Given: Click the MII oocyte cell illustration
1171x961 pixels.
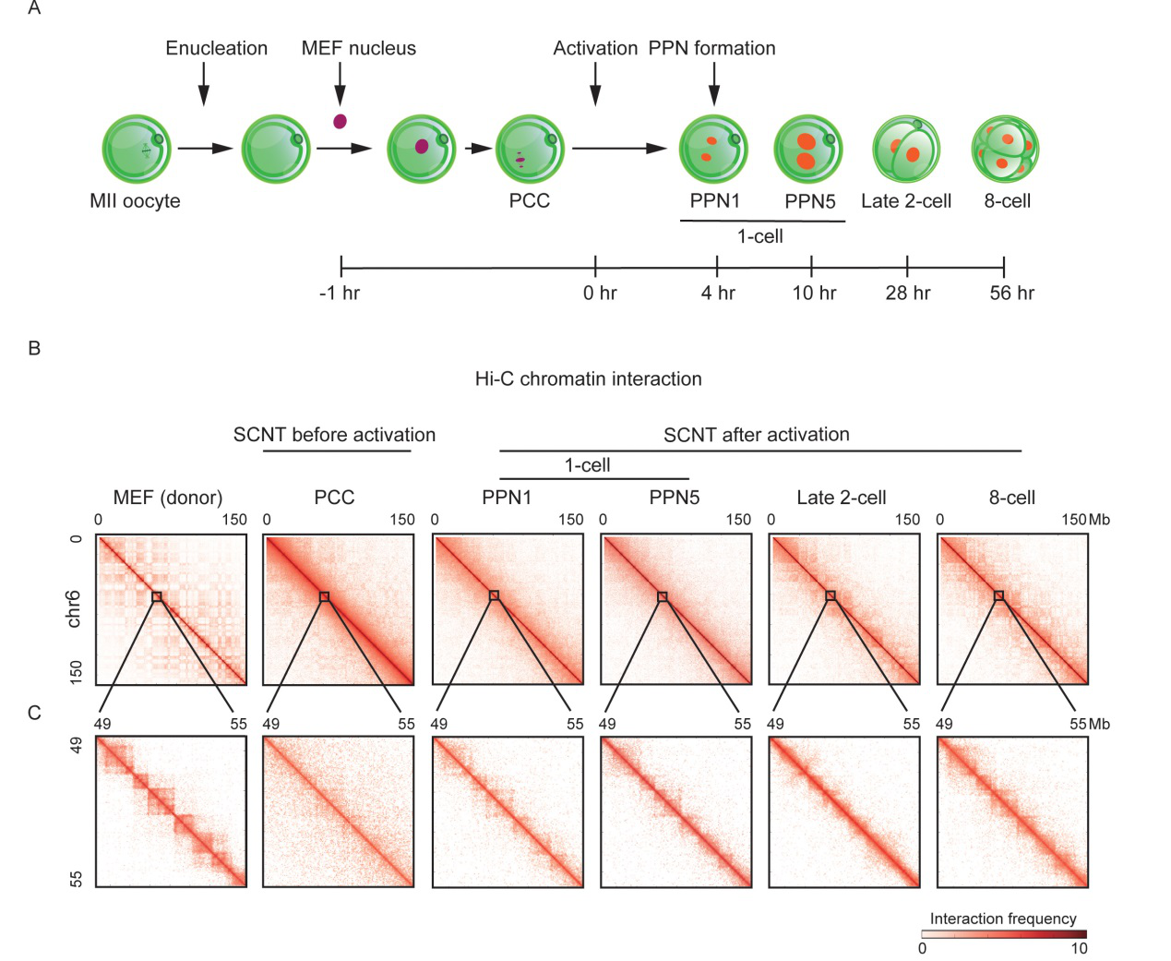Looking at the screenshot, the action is coord(137,149).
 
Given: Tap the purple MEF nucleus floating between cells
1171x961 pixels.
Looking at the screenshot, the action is coord(340,121).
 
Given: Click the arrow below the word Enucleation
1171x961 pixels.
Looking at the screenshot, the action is coord(204,84).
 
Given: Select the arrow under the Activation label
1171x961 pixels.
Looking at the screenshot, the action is coord(595,84).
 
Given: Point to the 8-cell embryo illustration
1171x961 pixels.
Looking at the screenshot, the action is coord(1005,149).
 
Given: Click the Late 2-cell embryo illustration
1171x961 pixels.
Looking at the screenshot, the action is coord(906,149).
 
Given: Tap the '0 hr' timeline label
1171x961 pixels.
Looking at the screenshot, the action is coord(600,293).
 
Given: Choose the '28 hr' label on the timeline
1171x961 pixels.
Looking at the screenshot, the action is coord(908,293).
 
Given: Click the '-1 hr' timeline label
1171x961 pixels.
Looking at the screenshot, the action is coord(340,293).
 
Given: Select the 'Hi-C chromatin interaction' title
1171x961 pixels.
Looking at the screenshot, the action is coord(588,378).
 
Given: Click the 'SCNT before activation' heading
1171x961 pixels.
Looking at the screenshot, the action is coord(334,435).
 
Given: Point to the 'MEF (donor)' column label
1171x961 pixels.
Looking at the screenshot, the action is coord(168,498).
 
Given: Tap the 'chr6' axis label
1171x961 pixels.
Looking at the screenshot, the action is coord(74,609).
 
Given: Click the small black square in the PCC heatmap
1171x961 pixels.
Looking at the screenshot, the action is coord(325,596).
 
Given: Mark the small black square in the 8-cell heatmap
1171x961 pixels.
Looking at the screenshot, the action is coord(998,595).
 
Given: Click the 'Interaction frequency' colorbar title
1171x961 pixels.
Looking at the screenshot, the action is coord(1003,919).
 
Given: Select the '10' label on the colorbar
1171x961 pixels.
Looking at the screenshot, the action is coord(1079,948).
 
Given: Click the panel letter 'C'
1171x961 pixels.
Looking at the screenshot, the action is coord(34,713).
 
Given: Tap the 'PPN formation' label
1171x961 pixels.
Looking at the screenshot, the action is coord(711,48).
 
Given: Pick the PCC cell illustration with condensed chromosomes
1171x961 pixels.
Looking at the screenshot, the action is coord(530,149).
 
